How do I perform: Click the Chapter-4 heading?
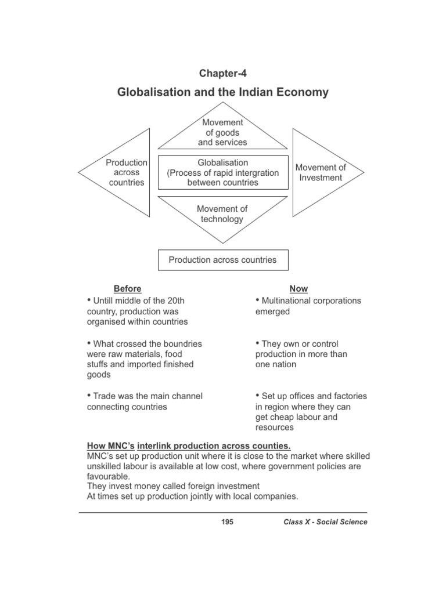click(x=222, y=73)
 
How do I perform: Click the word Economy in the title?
click(x=301, y=92)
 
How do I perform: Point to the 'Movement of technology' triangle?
click(x=222, y=214)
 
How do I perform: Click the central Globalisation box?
click(x=222, y=172)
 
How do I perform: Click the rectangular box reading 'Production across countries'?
click(x=222, y=260)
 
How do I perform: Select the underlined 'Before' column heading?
click(x=127, y=289)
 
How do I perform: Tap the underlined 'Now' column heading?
click(x=298, y=289)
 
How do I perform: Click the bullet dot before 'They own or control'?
click(x=258, y=343)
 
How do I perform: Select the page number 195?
click(x=227, y=522)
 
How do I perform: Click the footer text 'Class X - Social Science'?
click(x=325, y=522)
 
